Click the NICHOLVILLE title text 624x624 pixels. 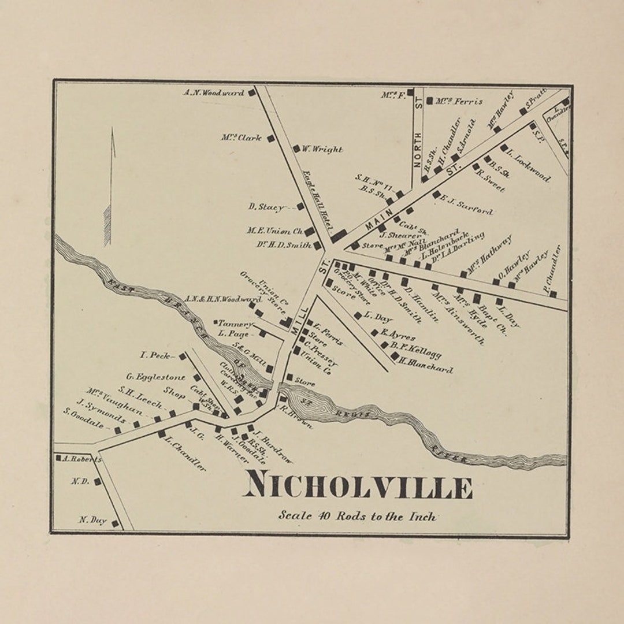point(358,486)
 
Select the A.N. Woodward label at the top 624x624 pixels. point(214,92)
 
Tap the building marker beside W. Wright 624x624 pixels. point(296,148)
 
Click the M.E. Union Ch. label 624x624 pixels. point(274,231)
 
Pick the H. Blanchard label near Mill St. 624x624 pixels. point(428,365)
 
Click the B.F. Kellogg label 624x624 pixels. point(415,351)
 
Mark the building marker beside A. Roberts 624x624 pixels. point(58,458)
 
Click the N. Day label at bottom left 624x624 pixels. point(92,521)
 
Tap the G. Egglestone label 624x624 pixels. point(156,377)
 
